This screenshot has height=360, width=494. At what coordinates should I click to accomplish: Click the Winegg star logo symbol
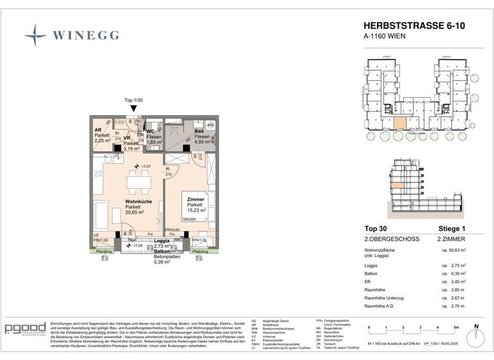tap(35, 35)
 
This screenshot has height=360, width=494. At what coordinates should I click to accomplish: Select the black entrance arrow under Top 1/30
tap(133, 109)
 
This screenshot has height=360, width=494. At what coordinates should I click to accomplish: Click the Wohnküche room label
tap(138, 201)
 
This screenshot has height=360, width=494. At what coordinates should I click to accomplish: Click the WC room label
tap(151, 130)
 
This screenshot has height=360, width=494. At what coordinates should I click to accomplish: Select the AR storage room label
tap(98, 129)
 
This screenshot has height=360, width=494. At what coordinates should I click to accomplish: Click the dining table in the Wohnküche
tap(139, 183)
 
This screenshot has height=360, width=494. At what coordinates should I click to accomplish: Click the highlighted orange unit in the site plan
tap(399, 123)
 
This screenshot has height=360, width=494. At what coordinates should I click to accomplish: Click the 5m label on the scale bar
tap(455, 328)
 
